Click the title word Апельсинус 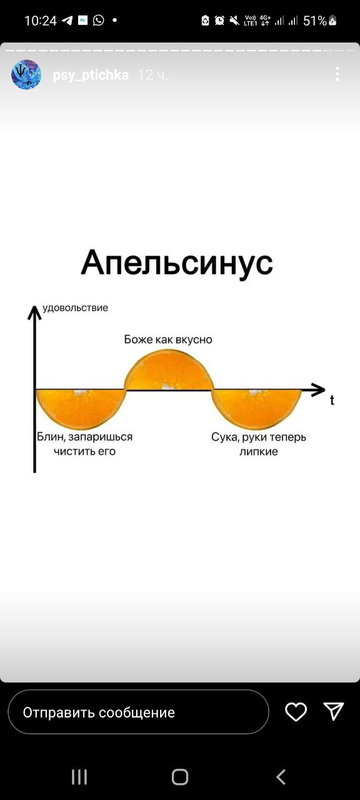(176, 264)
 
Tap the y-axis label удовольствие (76, 307)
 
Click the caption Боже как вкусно (168, 340)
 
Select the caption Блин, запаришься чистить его (85, 444)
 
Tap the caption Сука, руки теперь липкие (258, 444)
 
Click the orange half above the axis (168, 370)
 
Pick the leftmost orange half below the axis (81, 406)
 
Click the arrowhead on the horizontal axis (318, 388)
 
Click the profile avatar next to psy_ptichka (25, 74)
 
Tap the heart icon (296, 711)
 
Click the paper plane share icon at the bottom (333, 711)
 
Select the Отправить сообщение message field (138, 712)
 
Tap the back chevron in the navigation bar (281, 776)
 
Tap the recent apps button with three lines (79, 776)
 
